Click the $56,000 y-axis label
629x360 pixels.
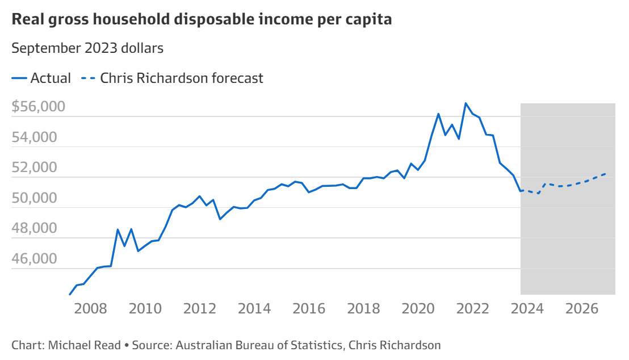coord(38,107)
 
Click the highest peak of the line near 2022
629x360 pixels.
coord(466,103)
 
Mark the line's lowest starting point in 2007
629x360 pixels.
coord(70,294)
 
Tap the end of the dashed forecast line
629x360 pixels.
coord(606,173)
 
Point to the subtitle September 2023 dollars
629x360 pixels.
coord(87,48)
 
